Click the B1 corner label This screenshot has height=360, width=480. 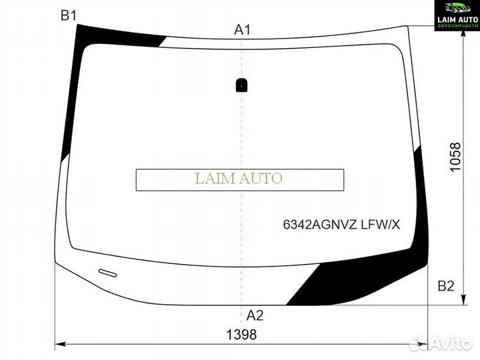pyautogui.click(x=69, y=16)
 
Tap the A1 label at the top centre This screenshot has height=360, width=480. pyautogui.click(x=242, y=29)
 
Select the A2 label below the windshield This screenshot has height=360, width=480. pyautogui.click(x=255, y=315)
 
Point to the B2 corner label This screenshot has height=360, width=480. pyautogui.click(x=445, y=286)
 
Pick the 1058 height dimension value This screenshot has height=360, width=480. pyautogui.click(x=455, y=158)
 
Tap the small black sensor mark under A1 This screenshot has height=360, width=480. pyautogui.click(x=242, y=85)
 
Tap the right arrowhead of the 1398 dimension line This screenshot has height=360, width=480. pyautogui.click(x=424, y=345)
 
